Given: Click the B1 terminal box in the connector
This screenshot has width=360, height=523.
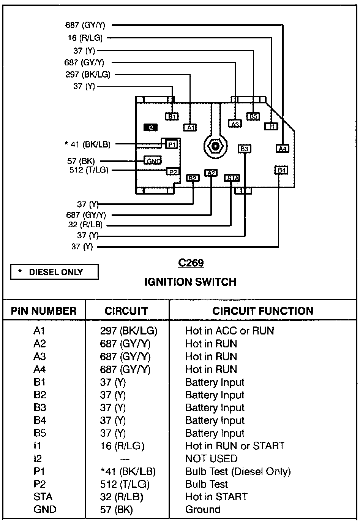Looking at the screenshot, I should (172, 116).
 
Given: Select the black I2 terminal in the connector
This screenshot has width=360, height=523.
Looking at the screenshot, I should (150, 127).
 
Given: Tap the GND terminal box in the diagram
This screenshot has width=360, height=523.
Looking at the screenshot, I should (153, 160).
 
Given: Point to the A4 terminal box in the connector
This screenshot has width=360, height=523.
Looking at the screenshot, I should (282, 149).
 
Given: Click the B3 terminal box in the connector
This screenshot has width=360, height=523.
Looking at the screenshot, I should (244, 149).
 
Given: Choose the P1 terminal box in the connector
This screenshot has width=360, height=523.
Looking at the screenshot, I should (171, 144).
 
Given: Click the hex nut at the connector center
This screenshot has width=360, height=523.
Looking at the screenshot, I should (215, 146).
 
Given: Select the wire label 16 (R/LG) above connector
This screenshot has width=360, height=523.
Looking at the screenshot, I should (85, 38).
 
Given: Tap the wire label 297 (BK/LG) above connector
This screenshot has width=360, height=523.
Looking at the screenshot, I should (88, 74).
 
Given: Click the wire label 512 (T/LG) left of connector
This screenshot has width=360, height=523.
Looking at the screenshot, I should (88, 170).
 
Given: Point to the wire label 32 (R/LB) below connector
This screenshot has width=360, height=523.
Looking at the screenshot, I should (85, 225).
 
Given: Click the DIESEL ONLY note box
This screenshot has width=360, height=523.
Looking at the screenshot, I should (54, 272).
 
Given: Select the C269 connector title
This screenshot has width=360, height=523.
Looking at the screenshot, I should (191, 263).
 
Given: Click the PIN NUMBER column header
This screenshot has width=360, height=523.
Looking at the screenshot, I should (44, 311).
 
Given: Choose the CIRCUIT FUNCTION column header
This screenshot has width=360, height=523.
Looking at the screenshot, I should (263, 311).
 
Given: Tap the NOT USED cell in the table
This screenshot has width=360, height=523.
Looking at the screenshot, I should (211, 459).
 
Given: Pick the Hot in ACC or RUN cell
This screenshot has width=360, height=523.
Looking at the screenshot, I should (229, 331).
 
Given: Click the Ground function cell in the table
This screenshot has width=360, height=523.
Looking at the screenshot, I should (203, 510).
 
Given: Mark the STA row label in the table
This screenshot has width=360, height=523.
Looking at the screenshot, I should (43, 497).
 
